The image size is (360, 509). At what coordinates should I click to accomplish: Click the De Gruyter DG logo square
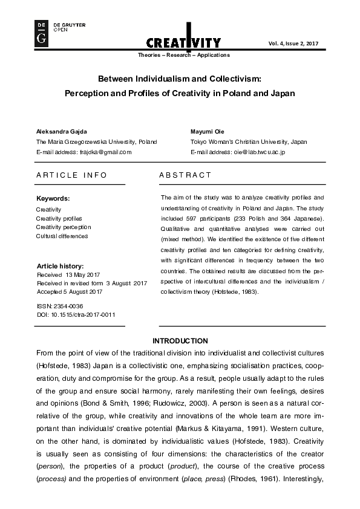click(x=42, y=33)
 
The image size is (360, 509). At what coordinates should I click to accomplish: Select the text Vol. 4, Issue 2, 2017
click(x=293, y=44)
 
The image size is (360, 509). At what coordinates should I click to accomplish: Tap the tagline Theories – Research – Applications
click(x=185, y=55)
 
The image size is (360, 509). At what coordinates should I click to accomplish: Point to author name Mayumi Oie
click(x=208, y=131)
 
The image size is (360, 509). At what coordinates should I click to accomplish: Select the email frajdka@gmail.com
click(x=105, y=152)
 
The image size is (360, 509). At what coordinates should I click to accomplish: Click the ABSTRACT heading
click(x=185, y=175)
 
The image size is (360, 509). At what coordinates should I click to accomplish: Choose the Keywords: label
click(x=53, y=198)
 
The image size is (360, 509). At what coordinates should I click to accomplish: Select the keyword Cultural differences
click(x=62, y=236)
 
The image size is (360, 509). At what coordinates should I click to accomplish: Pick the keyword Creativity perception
click(x=64, y=227)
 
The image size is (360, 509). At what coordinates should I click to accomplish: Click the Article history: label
click(x=60, y=266)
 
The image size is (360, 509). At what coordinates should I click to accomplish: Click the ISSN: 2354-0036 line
click(x=59, y=306)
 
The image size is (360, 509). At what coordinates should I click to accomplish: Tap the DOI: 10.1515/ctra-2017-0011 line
click(x=76, y=314)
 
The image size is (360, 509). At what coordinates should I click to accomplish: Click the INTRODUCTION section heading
click(x=180, y=341)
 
